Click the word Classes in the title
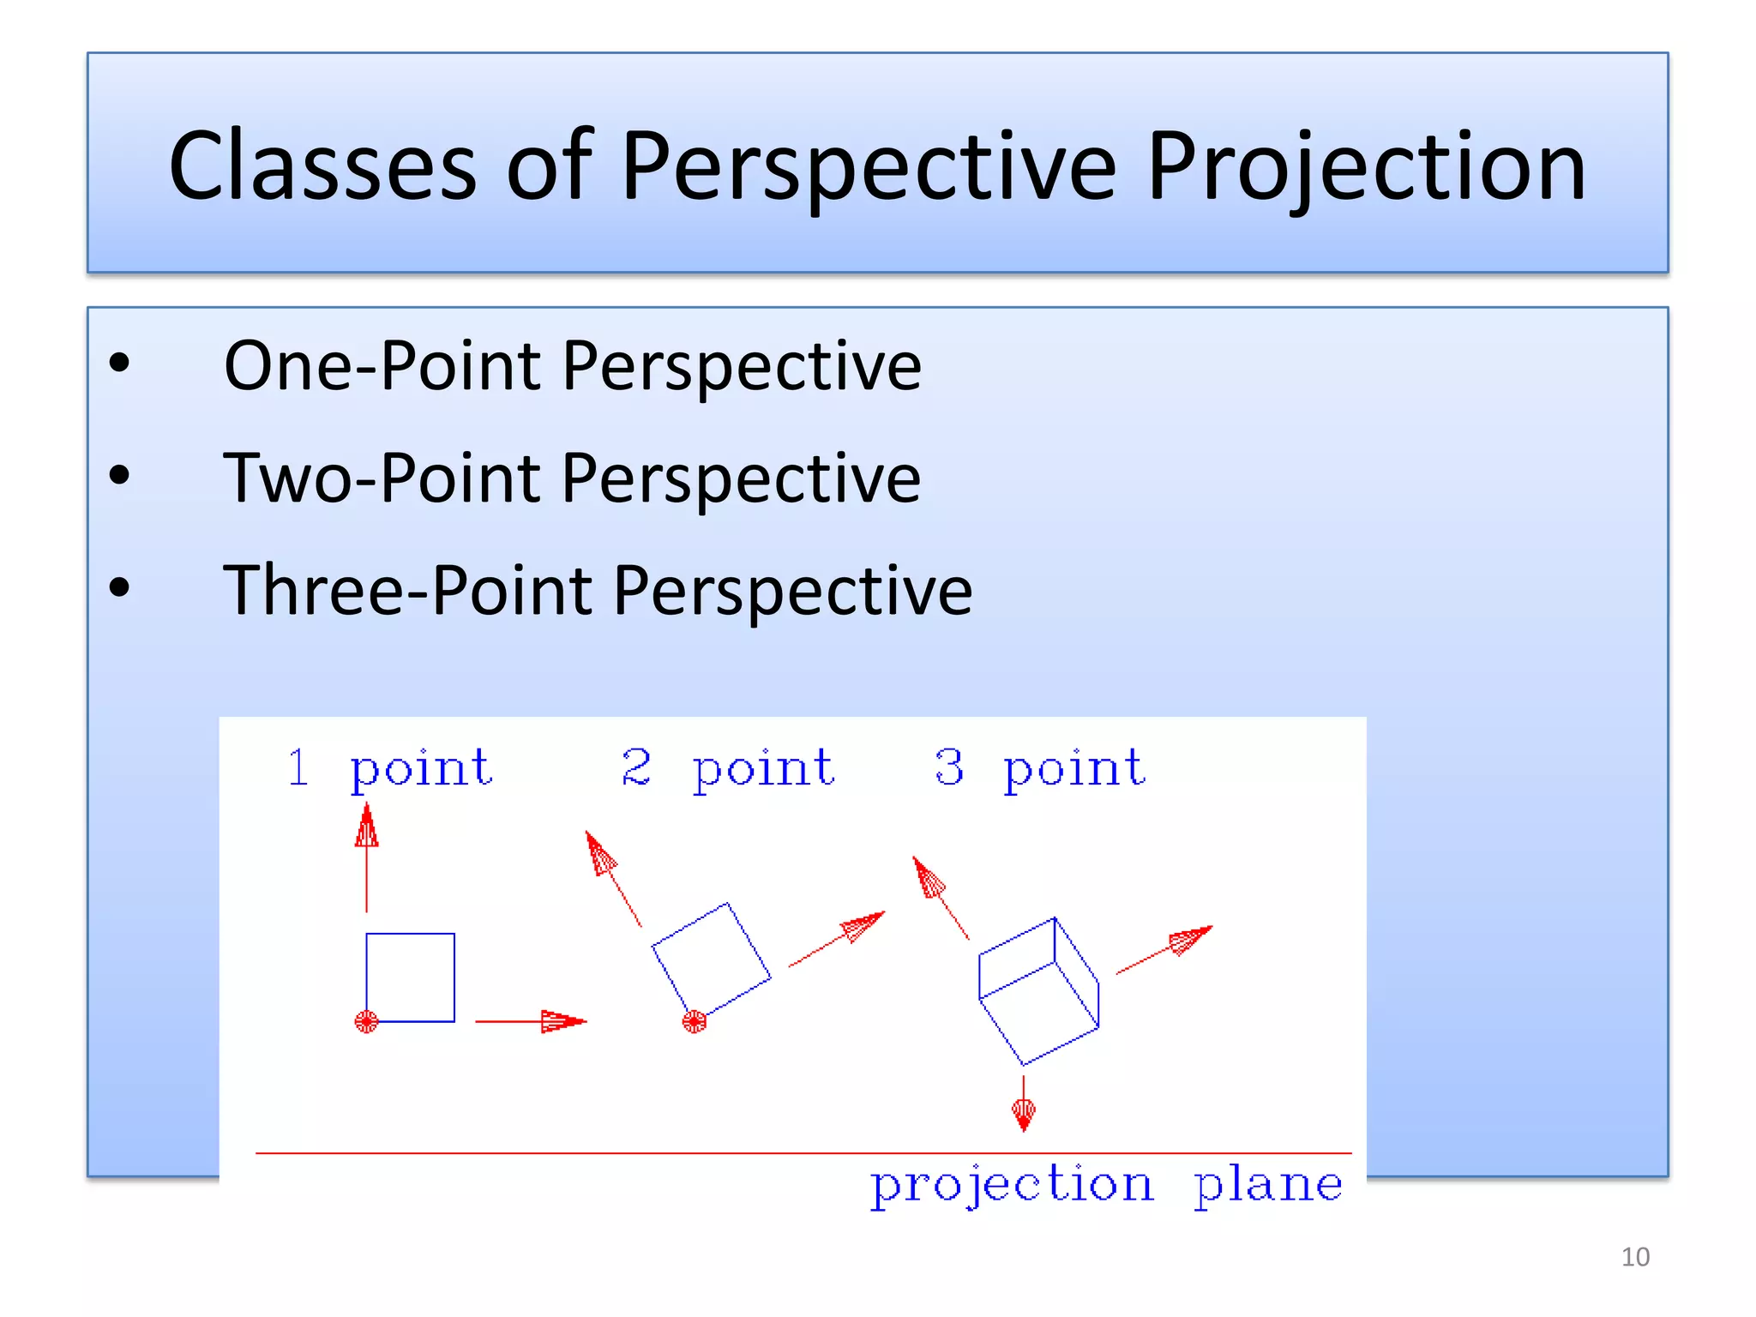[322, 165]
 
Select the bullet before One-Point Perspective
[119, 364]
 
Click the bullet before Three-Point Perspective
[119, 588]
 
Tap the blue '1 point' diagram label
[390, 768]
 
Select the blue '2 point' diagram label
[728, 768]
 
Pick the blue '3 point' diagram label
[1040, 768]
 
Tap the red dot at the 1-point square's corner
[366, 1021]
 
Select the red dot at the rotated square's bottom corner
[694, 1021]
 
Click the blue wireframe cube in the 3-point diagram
[1038, 991]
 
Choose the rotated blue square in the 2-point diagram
[711, 959]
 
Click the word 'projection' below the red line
[1013, 1186]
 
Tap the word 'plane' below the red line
[1268, 1186]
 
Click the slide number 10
[1635, 1257]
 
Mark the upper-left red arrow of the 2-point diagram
[610, 875]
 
